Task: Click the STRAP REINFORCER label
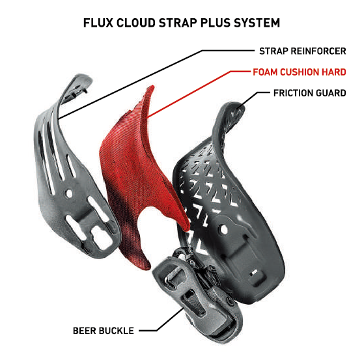(303, 51)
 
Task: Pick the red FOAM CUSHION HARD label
(300, 72)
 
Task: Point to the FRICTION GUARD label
(310, 93)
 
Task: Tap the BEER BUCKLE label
(104, 331)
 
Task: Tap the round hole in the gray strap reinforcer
(69, 193)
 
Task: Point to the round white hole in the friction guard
(224, 230)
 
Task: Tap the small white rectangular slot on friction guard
(254, 272)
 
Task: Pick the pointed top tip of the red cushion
(151, 87)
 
